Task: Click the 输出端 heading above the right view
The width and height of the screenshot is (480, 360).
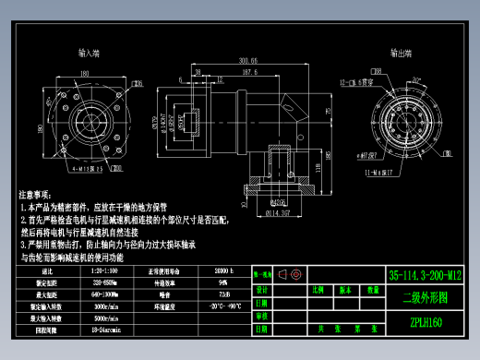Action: [399, 54]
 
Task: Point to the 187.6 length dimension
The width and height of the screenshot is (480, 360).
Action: [248, 72]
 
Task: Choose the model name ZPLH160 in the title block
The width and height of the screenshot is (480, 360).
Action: [426, 322]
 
